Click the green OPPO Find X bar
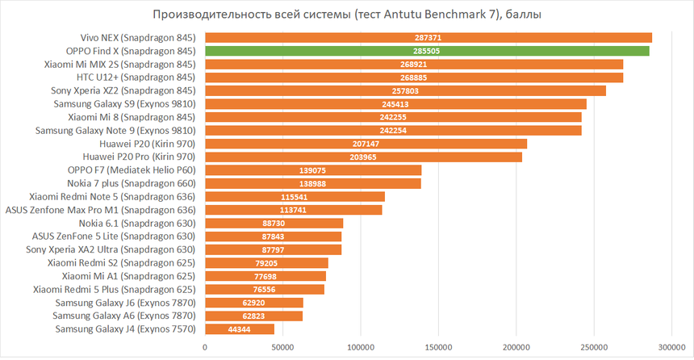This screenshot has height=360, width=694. tap(427, 51)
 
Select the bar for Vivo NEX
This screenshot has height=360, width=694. tap(428, 38)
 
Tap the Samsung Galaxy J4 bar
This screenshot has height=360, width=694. tap(240, 329)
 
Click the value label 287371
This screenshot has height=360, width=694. tap(428, 38)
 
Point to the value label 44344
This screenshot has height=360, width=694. tap(240, 329)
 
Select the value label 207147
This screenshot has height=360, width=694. tap(366, 144)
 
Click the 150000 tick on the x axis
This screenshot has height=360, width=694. tap(438, 346)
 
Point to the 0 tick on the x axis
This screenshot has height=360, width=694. tap(205, 346)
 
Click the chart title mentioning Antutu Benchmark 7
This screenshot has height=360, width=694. tap(347, 15)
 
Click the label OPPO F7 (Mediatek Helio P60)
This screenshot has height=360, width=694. tap(132, 170)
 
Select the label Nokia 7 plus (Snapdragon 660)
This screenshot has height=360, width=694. tap(133, 183)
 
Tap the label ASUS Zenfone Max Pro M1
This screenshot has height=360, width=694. tap(101, 210)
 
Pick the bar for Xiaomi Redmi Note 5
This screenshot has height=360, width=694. tap(295, 197)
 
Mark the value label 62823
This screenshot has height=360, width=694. tap(253, 316)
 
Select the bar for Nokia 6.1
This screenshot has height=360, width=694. tap(274, 223)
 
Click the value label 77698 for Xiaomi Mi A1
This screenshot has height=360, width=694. tap(265, 276)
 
